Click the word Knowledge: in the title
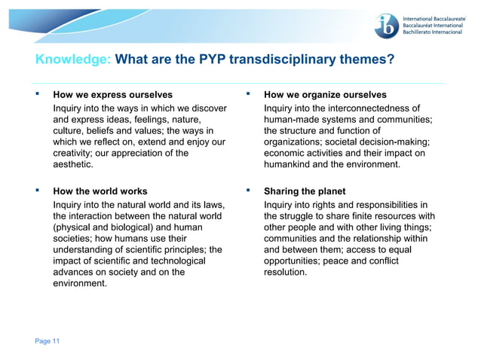[74, 59]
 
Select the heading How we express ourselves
[112, 95]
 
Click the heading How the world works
[100, 191]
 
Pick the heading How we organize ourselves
[325, 95]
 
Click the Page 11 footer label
[47, 341]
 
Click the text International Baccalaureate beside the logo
[440, 16]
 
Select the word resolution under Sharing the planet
[286, 273]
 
